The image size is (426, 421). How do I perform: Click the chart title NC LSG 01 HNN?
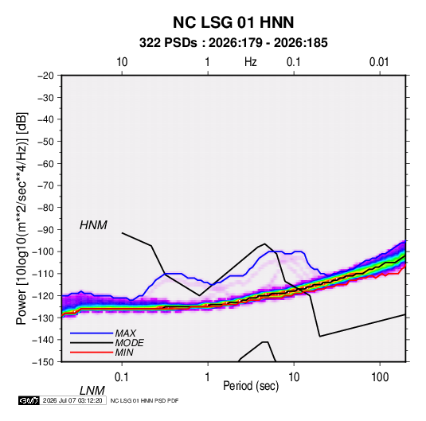coord(233,22)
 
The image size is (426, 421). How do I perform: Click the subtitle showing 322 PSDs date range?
coord(233,43)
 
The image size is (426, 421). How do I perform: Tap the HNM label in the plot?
coord(93,225)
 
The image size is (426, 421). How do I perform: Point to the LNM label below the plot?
coord(92,391)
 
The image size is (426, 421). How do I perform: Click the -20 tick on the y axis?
coord(45,76)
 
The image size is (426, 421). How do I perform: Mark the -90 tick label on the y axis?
coord(45,230)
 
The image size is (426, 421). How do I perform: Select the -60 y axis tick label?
coord(45,163)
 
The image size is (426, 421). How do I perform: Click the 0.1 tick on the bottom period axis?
coord(121,377)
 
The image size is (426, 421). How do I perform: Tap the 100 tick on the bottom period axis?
coord(380,377)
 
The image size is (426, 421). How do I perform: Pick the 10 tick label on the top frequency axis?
coord(122,62)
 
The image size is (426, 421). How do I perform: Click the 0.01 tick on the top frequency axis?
coord(379,62)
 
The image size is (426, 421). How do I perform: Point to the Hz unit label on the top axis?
coord(251,62)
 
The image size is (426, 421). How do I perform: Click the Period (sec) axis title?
coord(251,386)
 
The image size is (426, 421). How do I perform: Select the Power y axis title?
coord(21,219)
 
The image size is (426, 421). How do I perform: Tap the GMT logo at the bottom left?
coord(29,400)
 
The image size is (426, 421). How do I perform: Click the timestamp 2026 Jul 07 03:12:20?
coord(72,400)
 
